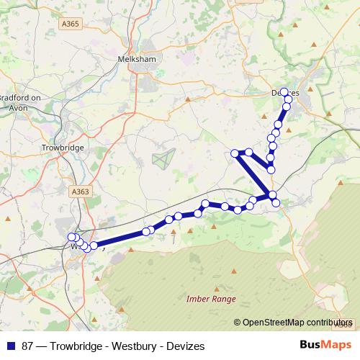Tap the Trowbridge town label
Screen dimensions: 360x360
(x=63, y=148)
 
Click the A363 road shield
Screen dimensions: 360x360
(x=81, y=192)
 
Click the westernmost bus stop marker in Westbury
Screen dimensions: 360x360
(x=71, y=237)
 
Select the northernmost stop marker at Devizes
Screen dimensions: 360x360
(x=284, y=92)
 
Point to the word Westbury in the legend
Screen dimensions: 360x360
(x=133, y=346)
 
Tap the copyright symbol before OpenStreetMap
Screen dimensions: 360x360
(x=237, y=323)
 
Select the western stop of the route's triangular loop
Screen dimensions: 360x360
(x=235, y=153)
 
